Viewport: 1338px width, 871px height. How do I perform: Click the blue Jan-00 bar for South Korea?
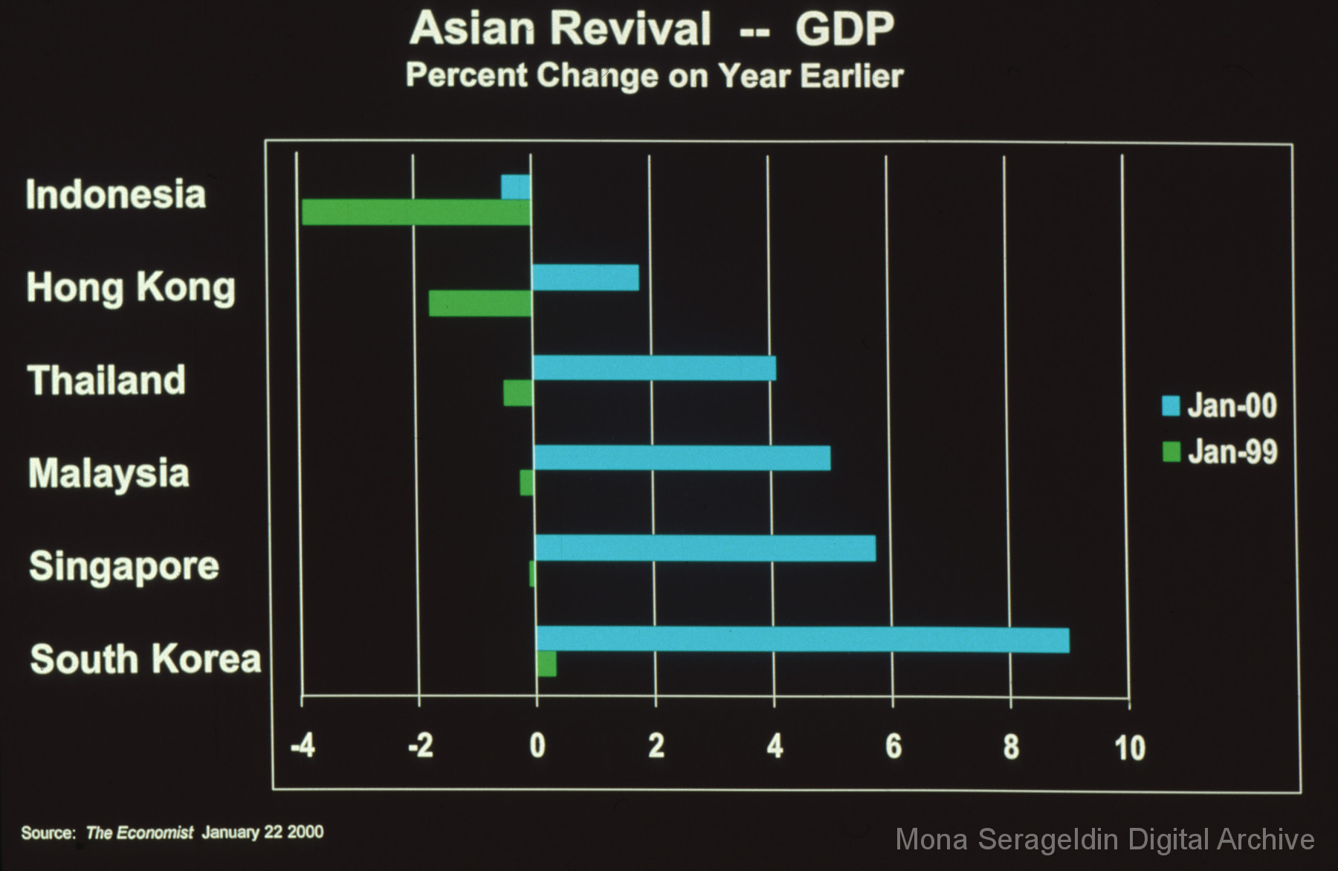tap(803, 640)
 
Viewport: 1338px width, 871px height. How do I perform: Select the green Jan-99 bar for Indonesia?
tap(416, 213)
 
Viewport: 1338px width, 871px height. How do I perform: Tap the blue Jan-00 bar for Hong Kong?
tap(585, 277)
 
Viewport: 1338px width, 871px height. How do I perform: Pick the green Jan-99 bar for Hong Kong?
tap(481, 303)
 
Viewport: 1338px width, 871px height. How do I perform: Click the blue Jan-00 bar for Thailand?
tap(654, 368)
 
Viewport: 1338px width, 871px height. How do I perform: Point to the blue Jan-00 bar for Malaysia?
tap(682, 458)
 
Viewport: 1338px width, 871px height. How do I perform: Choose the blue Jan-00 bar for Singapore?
tap(705, 548)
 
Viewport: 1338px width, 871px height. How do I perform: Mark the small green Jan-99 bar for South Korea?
tap(546, 664)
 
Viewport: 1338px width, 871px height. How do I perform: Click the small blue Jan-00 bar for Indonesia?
tap(516, 187)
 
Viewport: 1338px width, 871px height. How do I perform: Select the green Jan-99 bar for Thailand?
tap(518, 393)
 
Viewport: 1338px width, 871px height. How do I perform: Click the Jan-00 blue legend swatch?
tap(1171, 406)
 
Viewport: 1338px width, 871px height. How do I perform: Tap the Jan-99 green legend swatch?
tap(1171, 451)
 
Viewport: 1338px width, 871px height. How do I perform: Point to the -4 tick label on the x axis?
tap(303, 745)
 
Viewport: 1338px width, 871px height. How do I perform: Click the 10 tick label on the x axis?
tap(1129, 748)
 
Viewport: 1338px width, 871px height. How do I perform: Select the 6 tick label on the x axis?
tap(893, 746)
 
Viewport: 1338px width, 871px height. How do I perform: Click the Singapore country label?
tap(124, 567)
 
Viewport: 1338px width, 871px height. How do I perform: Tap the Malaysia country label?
tap(109, 474)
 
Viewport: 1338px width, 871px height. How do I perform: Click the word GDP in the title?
tap(844, 30)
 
